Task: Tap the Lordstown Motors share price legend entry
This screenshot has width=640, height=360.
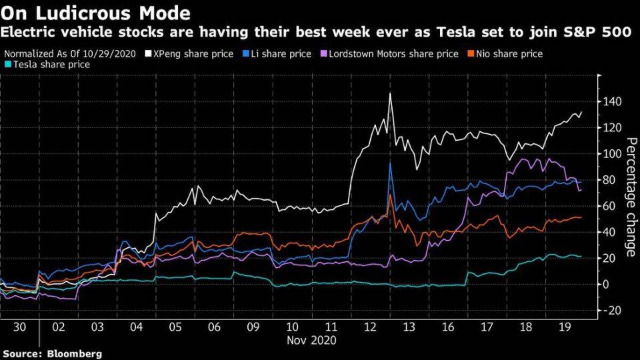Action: (x=394, y=54)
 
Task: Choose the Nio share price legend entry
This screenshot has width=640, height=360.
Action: (x=509, y=54)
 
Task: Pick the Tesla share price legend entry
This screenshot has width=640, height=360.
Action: (x=49, y=65)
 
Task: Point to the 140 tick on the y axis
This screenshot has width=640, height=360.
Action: (x=612, y=101)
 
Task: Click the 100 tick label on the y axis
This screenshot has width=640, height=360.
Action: (x=612, y=154)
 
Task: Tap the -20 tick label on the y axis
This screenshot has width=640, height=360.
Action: (x=612, y=311)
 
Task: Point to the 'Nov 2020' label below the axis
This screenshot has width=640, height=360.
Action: (x=311, y=340)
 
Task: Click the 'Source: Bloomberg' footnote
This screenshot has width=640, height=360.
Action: (x=52, y=354)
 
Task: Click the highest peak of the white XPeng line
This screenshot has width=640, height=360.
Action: (x=390, y=94)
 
